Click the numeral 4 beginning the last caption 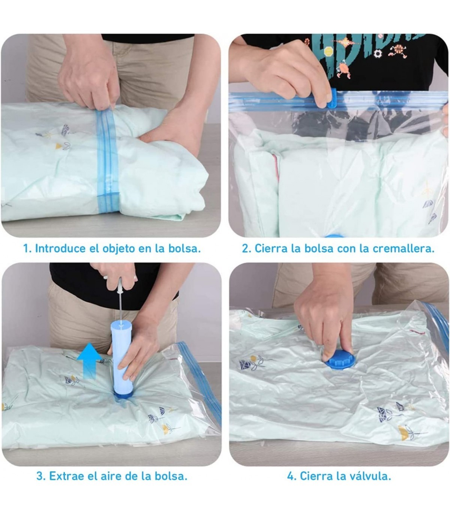[x=291, y=476]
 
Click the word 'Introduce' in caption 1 [x=60, y=248]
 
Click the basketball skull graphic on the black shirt [x=398, y=51]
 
